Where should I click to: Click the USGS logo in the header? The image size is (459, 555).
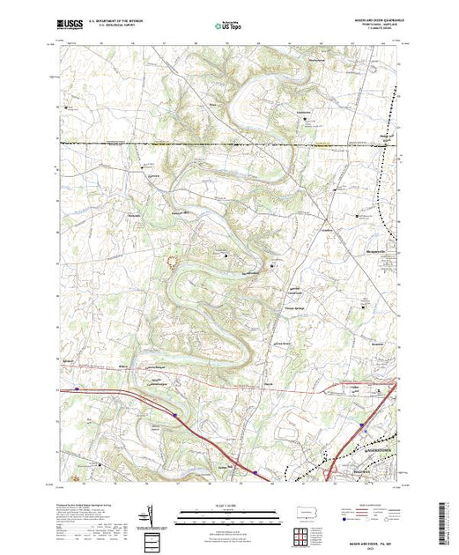pyautogui.click(x=70, y=26)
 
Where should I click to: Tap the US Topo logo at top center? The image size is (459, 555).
pyautogui.click(x=229, y=26)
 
